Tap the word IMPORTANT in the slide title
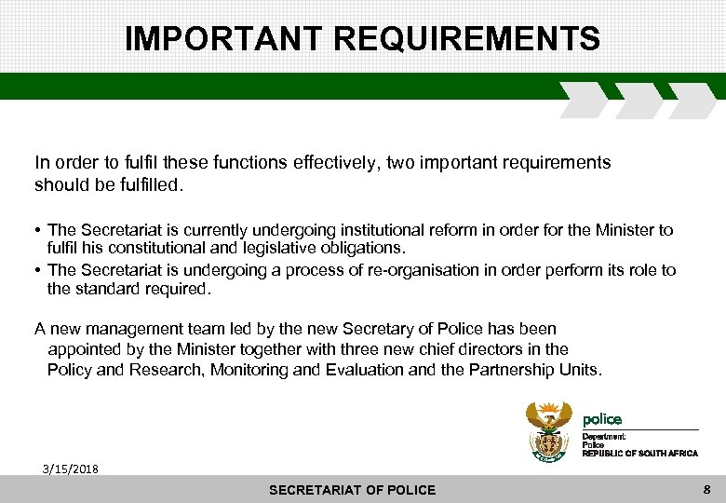223,39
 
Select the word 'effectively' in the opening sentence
319,163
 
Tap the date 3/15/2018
69,468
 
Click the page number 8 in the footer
707,489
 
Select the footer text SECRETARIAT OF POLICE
352,490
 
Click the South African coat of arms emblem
549,430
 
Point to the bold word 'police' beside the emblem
602,419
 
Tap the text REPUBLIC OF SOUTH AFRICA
639,453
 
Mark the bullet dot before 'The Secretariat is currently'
38,229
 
